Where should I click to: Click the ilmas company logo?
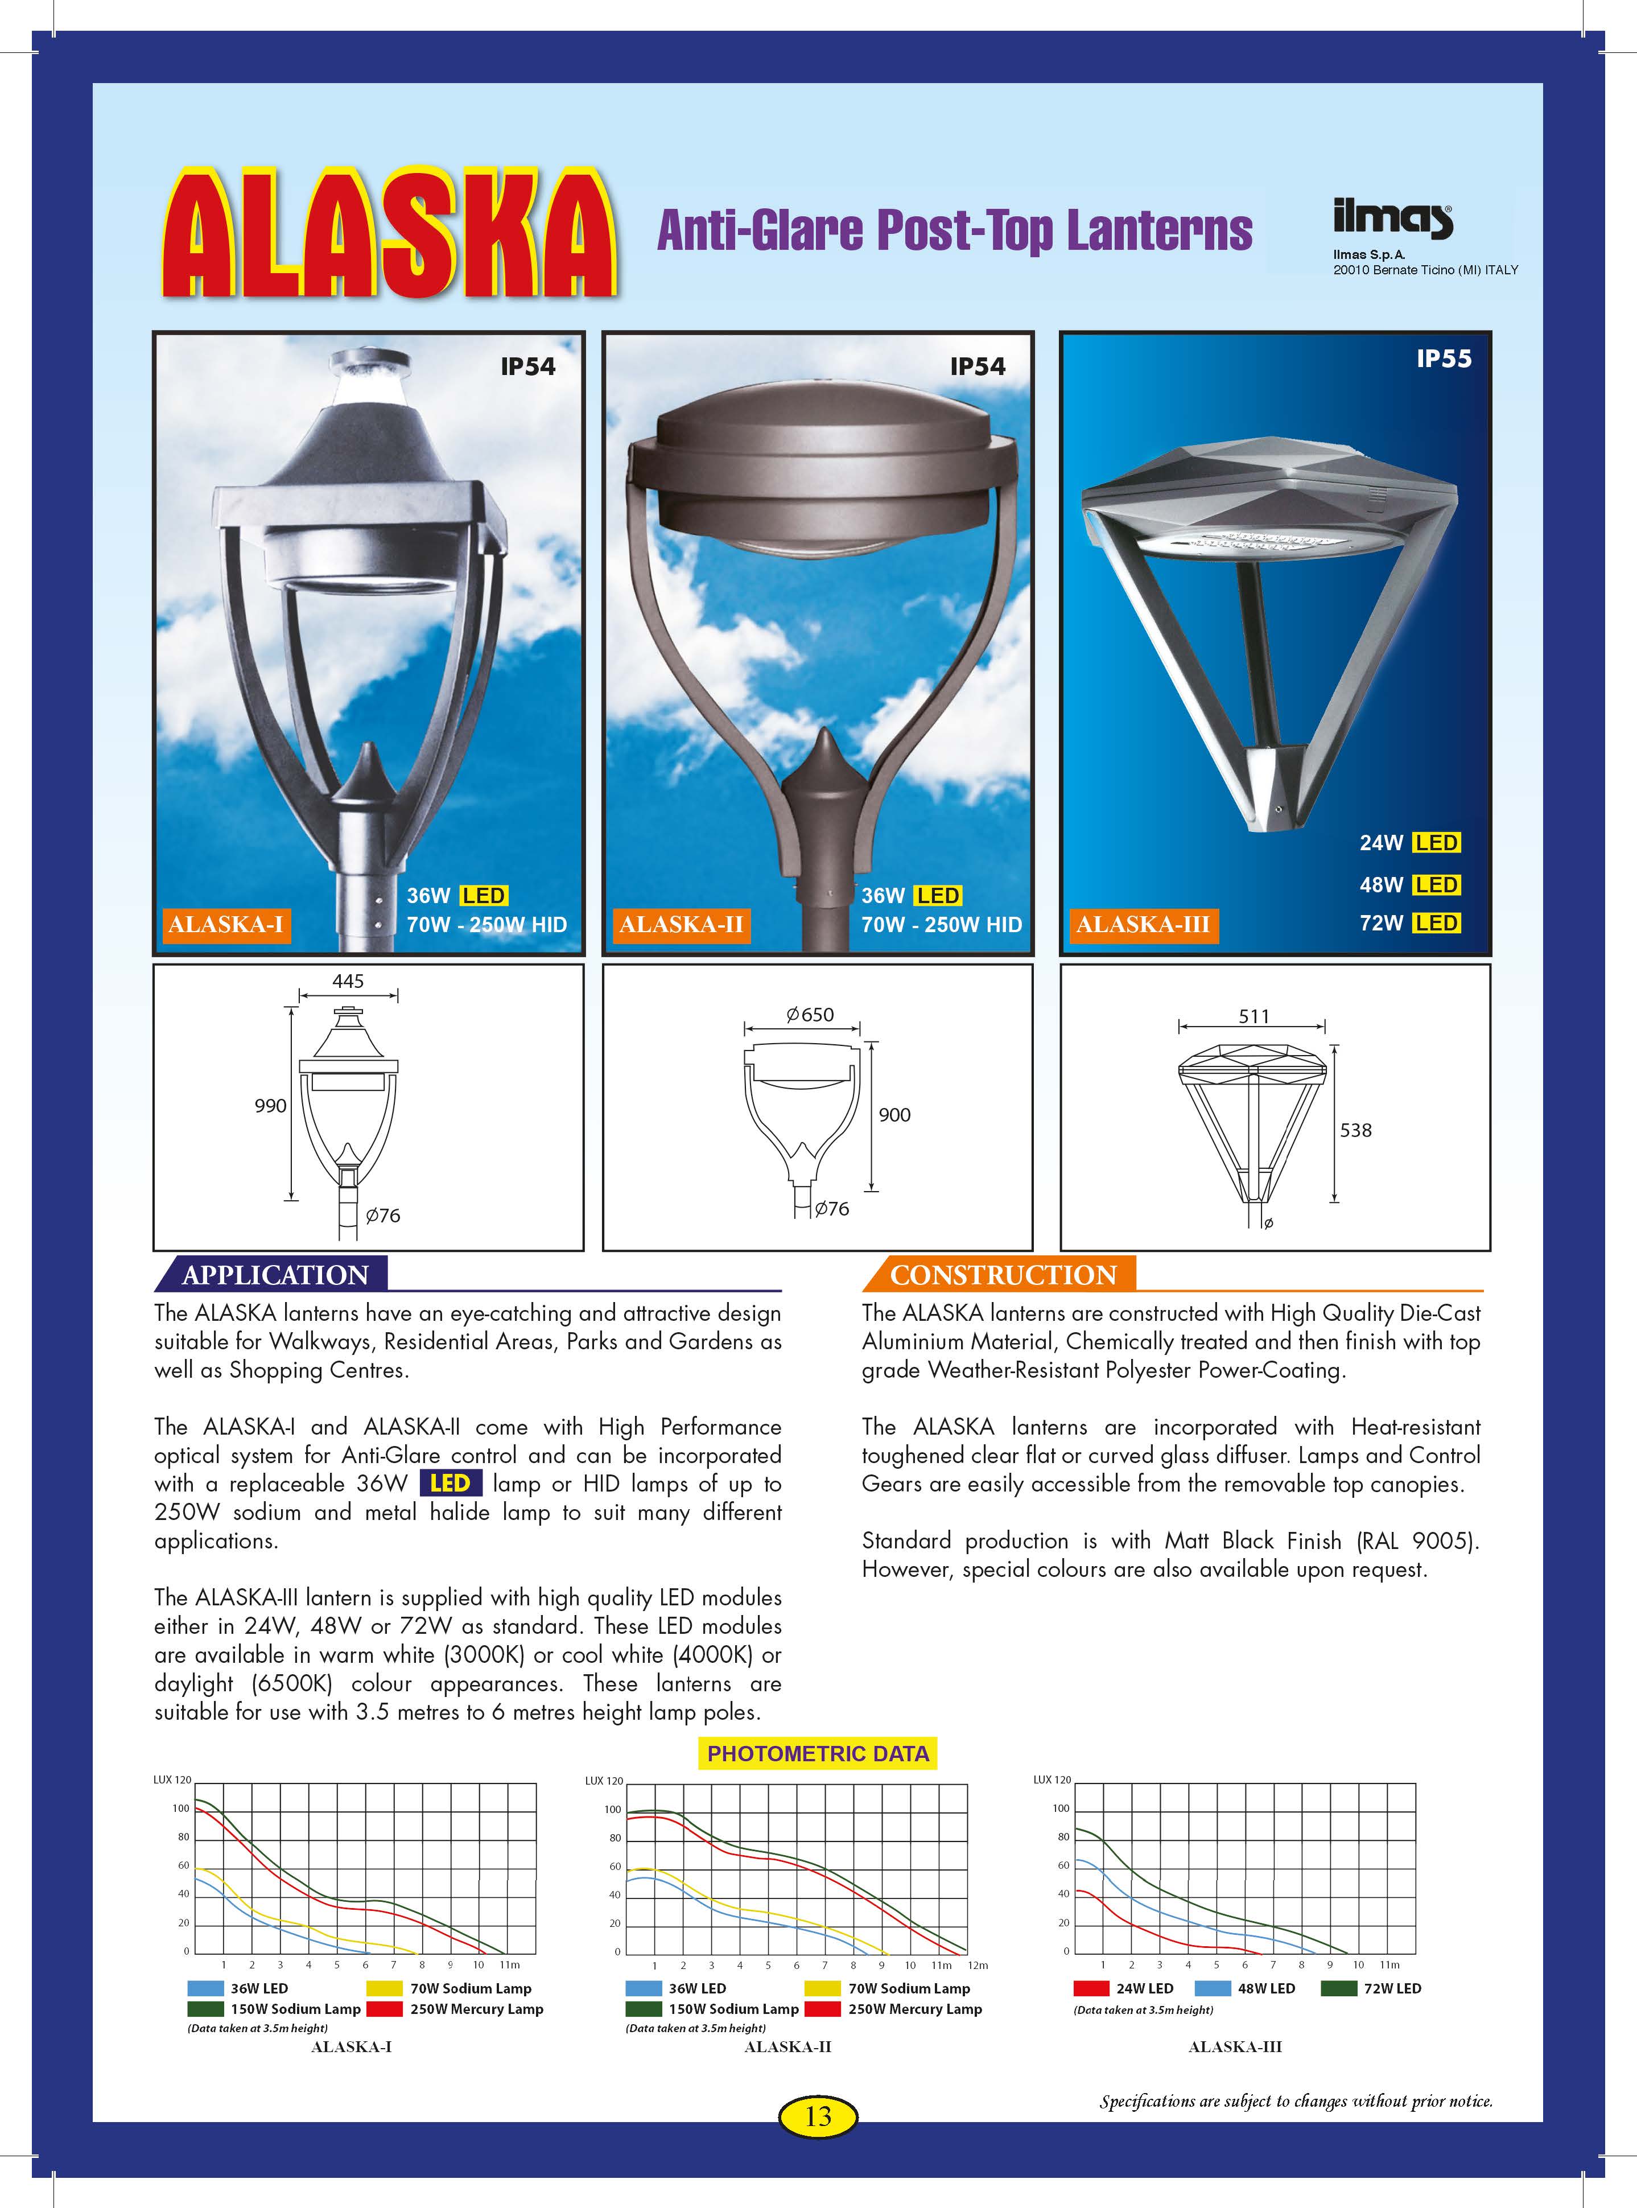click(x=1392, y=219)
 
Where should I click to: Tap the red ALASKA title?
click(x=389, y=235)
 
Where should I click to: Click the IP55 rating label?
click(x=1443, y=359)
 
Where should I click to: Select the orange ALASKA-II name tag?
click(x=681, y=925)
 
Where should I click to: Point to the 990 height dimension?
click(x=270, y=1106)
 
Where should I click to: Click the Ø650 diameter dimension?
click(x=810, y=1015)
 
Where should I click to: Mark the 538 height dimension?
click(x=1355, y=1130)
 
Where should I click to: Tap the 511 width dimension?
click(x=1253, y=1016)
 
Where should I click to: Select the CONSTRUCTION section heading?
click(x=1003, y=1275)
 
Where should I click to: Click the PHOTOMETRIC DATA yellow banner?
click(x=818, y=1753)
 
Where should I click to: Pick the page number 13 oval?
click(x=818, y=2116)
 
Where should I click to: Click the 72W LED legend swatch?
click(x=1339, y=1988)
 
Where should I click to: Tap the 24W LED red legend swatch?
click(x=1091, y=1988)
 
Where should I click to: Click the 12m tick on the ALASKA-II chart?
click(x=977, y=1965)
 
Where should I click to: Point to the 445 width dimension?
click(x=348, y=981)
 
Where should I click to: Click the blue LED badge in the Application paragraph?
click(x=450, y=1484)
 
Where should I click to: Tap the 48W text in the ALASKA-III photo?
click(x=1380, y=885)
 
